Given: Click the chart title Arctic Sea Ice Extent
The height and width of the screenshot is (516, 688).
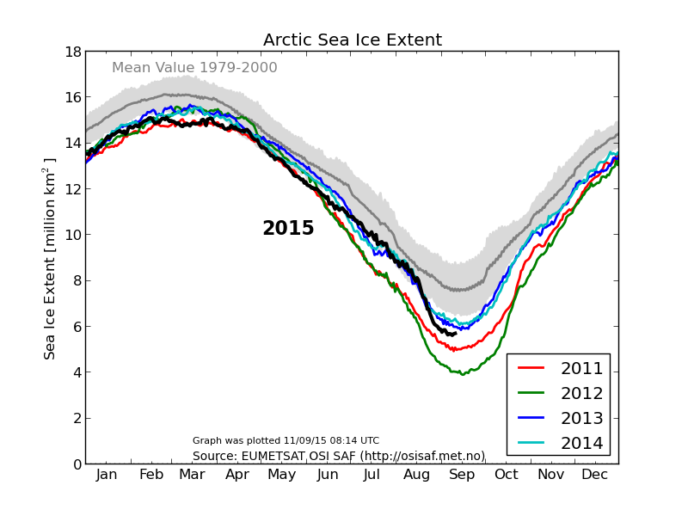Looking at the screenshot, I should (x=352, y=40).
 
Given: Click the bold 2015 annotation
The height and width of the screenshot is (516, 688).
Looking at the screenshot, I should (x=288, y=229).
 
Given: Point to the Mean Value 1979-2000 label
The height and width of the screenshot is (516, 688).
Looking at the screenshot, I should (x=194, y=68).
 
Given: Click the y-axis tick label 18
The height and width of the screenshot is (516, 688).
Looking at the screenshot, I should (x=72, y=52).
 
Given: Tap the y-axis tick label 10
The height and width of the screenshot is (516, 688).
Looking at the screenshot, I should (x=72, y=235).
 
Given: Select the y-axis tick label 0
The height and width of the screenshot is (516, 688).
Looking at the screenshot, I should (x=77, y=464).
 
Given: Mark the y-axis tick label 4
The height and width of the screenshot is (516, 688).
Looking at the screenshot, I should (x=77, y=372).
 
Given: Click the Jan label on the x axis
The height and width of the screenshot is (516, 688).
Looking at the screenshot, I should (x=107, y=475).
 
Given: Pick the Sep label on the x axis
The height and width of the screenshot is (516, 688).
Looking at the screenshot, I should (x=462, y=475).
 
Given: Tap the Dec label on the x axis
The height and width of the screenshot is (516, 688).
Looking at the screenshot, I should (x=595, y=475).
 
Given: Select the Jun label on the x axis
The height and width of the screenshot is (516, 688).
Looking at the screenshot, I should (x=328, y=475).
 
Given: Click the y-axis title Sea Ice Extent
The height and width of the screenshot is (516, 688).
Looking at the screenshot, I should (x=50, y=258).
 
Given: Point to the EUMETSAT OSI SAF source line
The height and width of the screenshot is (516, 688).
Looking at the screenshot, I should (x=338, y=456).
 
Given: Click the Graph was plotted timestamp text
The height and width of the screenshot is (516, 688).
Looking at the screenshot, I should (x=286, y=440).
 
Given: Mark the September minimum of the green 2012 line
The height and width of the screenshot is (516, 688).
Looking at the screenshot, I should (x=462, y=374).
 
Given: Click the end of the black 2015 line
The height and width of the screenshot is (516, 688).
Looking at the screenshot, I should (x=455, y=333).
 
